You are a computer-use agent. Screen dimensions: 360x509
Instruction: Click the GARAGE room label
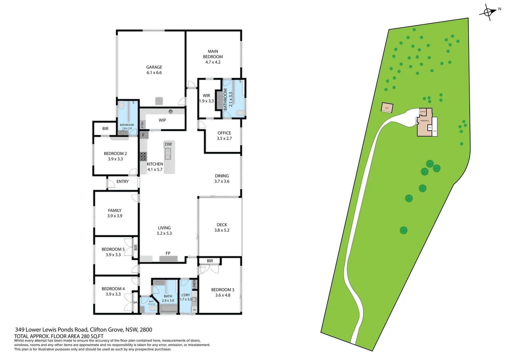pos(154,67)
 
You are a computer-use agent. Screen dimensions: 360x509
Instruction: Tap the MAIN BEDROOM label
pos(213,54)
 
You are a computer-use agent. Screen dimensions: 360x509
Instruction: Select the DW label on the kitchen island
pos(169,144)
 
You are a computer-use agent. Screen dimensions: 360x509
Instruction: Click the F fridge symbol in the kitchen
pos(144,135)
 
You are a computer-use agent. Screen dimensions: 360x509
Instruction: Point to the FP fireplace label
pos(168,253)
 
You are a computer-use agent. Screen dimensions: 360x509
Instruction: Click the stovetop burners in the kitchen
pos(143,156)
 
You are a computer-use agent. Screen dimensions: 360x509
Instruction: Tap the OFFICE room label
pos(224,133)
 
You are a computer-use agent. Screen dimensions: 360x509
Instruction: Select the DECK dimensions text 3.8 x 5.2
pos(222,230)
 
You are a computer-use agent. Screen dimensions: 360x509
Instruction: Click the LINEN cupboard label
pos(195,284)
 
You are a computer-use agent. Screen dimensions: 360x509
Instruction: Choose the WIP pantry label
pos(162,120)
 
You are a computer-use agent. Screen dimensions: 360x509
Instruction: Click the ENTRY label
pos(123,182)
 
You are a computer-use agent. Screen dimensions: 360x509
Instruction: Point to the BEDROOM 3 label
pos(223,290)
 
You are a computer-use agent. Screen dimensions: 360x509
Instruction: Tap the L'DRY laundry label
pos(186,295)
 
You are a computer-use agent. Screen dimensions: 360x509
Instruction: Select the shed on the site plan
pos(387,108)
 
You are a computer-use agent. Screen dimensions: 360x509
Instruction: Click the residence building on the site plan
pos(425,123)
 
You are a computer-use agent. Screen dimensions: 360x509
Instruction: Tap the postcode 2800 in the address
pos(146,330)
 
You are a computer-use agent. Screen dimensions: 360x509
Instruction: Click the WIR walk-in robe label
pos(207,96)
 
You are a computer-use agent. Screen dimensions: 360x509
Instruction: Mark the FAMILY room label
pos(115,210)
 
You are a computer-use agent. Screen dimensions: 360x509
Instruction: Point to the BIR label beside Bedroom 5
pos(136,247)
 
